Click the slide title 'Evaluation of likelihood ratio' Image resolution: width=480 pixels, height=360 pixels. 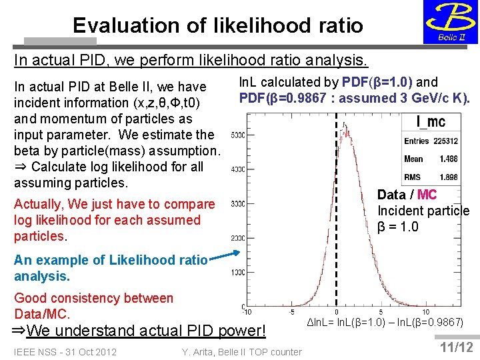(x=218, y=25)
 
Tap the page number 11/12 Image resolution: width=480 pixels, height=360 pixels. (x=457, y=347)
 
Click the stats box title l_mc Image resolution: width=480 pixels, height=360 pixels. (x=431, y=121)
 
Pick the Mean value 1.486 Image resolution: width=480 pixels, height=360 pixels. (x=448, y=159)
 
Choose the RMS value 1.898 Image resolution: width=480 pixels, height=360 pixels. (x=448, y=177)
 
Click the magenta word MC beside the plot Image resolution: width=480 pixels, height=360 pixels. (x=427, y=195)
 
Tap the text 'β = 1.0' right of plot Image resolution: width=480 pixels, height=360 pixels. (x=398, y=227)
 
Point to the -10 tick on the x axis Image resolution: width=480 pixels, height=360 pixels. (x=247, y=312)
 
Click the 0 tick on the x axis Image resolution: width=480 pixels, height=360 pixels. (x=336, y=312)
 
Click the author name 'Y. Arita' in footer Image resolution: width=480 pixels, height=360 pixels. (x=199, y=351)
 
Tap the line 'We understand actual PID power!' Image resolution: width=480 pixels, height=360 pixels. (x=147, y=331)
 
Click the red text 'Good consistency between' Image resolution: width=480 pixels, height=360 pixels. (x=93, y=298)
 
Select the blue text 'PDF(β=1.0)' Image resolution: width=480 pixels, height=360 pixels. (x=377, y=82)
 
